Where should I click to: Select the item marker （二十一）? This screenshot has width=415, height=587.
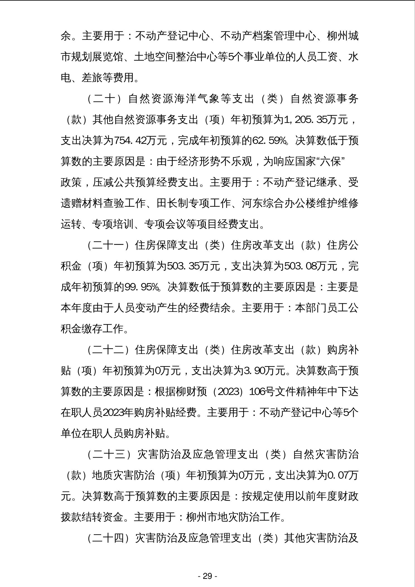point(109,245)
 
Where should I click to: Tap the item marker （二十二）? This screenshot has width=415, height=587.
point(109,350)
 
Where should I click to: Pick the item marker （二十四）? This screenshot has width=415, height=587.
point(109,538)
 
